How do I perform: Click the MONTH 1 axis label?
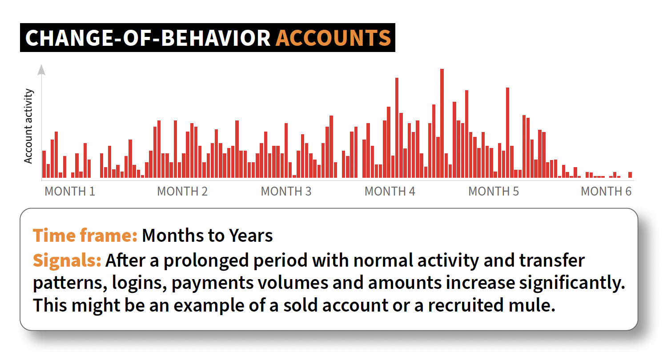pos(70,191)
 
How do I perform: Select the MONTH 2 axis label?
pos(182,191)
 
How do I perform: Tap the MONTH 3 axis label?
pos(286,191)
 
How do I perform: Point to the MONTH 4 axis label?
pos(390,191)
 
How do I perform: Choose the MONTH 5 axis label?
pos(494,191)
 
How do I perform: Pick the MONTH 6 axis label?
pos(606,191)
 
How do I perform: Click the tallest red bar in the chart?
pos(442,124)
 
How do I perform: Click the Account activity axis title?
pos(28,126)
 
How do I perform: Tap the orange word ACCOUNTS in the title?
pos(333,38)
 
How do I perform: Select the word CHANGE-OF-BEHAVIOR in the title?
pos(148,38)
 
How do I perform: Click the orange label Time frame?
pos(85,236)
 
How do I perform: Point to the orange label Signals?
pos(67,260)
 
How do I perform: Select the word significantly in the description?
pos(572,283)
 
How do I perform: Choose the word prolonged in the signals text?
pos(206,261)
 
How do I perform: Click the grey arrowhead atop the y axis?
pos(41,70)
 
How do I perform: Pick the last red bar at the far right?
pos(630,175)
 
